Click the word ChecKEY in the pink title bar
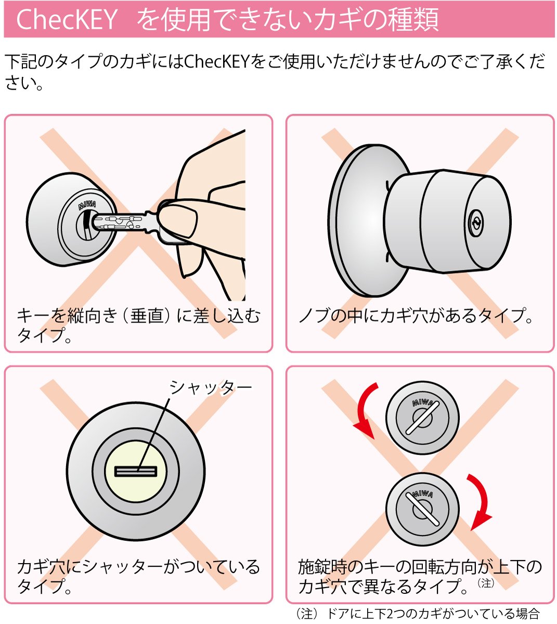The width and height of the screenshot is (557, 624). (x=67, y=19)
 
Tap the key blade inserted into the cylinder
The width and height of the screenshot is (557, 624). (x=119, y=223)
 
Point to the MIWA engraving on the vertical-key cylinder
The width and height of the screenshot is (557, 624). (x=87, y=204)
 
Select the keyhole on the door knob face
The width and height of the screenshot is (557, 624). (x=476, y=223)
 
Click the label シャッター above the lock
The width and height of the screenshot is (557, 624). (x=211, y=387)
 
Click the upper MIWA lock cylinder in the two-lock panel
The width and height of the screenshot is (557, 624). (x=422, y=418)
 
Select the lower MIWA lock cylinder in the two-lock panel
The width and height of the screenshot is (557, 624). (x=422, y=510)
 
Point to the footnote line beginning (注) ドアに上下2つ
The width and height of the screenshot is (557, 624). (x=418, y=614)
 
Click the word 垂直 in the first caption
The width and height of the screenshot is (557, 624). (x=147, y=316)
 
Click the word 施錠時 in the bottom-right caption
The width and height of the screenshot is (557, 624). (x=323, y=567)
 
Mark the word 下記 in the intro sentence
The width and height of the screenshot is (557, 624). (x=21, y=61)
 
